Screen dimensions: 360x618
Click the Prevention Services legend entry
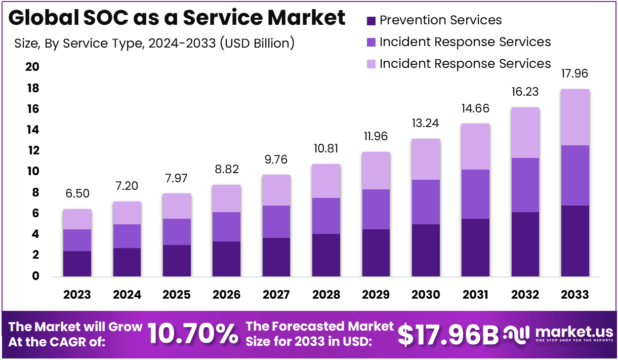coord(440,20)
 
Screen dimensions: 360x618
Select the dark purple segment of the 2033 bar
coord(575,241)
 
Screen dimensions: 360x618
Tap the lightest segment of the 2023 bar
coord(77,219)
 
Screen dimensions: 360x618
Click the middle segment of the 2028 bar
coord(326,216)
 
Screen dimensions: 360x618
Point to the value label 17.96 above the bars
coord(575,74)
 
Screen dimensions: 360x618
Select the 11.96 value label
coord(376,137)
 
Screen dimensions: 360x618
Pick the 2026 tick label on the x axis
coord(226,295)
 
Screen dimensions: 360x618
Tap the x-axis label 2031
coord(475,295)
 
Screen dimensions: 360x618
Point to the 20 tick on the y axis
coord(32,68)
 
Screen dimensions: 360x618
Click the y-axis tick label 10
coord(32,172)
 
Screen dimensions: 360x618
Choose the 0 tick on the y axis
coord(35,276)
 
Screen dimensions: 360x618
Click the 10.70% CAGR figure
coord(193,334)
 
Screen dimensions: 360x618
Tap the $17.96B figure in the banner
coord(448,334)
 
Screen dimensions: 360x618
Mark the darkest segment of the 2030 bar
coord(426,250)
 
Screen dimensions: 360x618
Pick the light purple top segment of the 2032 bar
coord(525,133)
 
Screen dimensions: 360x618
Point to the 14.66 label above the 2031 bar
coord(475,109)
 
